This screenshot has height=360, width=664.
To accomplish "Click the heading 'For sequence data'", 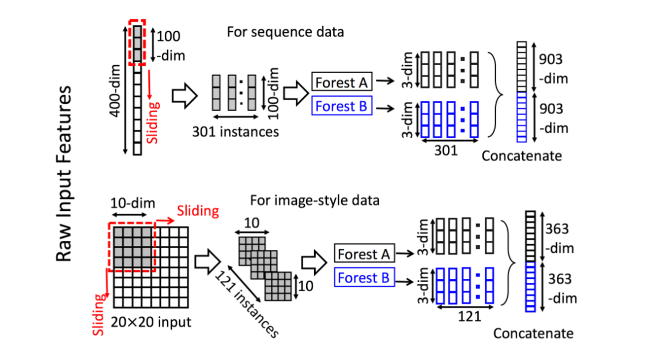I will click(x=285, y=32).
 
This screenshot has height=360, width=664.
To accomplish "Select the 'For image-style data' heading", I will click(x=315, y=200).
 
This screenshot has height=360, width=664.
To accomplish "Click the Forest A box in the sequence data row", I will click(x=342, y=83).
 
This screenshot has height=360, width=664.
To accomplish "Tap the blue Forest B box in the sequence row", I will click(x=342, y=107).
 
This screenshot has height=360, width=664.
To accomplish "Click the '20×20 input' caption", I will click(x=153, y=321).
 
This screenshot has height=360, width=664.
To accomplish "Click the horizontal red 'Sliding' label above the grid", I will click(x=198, y=211).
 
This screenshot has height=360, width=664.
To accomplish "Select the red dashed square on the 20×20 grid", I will click(x=131, y=247).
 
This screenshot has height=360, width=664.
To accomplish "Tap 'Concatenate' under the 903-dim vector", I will click(x=522, y=156).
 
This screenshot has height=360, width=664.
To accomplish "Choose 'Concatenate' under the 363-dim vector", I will click(x=533, y=334).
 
